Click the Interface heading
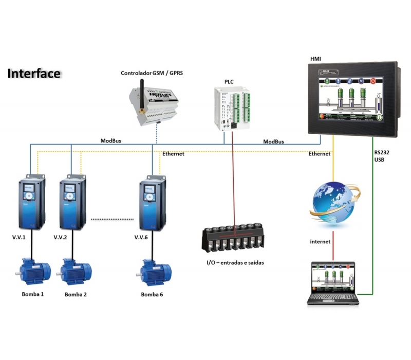coord(34,73)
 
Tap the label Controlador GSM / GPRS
coord(152,74)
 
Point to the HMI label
coord(316,60)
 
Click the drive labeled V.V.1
coord(29,203)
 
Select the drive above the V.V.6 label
coord(152,203)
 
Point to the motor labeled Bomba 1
coord(34,271)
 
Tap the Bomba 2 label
coord(76,295)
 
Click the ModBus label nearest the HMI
coord(273,141)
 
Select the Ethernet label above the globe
coord(320,154)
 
